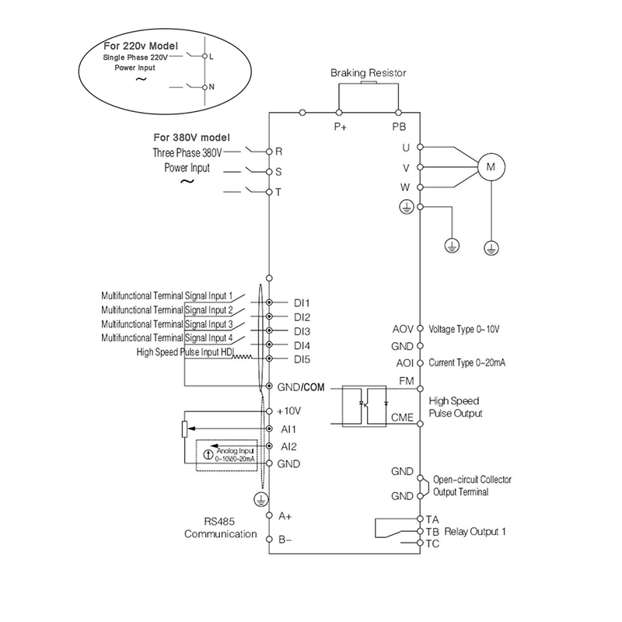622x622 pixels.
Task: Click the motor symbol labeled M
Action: [x=491, y=166]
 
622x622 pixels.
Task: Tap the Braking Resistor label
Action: [x=368, y=73]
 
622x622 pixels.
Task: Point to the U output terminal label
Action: [x=406, y=147]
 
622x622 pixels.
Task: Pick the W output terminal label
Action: [x=406, y=187]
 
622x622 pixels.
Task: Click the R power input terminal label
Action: [x=278, y=151]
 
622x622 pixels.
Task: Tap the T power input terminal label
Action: [x=278, y=192]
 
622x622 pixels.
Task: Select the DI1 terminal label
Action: [x=302, y=302]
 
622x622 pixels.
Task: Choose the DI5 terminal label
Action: [x=302, y=358]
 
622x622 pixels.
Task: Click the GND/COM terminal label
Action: [x=299, y=386]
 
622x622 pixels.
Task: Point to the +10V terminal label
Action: [x=288, y=410]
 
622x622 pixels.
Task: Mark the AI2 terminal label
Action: [x=288, y=446]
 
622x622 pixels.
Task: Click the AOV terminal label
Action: [x=404, y=329]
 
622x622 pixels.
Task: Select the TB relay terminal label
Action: [x=432, y=532]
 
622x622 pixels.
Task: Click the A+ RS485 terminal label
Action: [x=285, y=515]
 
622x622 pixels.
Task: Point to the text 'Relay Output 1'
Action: [x=475, y=532]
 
